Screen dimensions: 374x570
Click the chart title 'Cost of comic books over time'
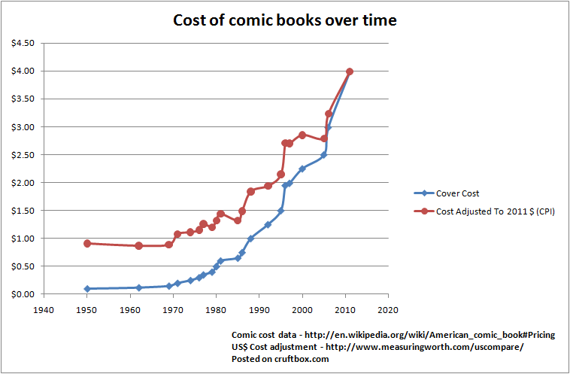[284, 20]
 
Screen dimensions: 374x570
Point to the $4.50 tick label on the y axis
[21, 43]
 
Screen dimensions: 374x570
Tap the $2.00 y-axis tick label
[21, 182]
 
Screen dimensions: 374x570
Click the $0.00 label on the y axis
[21, 294]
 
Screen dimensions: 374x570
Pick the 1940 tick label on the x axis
[44, 309]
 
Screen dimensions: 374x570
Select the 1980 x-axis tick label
[216, 309]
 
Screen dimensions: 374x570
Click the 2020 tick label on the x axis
[388, 309]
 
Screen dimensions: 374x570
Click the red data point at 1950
[87, 243]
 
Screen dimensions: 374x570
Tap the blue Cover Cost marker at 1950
[87, 288]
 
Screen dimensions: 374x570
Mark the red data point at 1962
[138, 246]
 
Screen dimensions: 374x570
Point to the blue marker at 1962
[138, 287]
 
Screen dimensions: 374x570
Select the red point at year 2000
[302, 135]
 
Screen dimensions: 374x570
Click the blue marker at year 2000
[302, 169]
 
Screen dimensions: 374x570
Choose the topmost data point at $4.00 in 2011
[350, 71]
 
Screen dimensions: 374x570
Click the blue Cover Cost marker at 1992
[268, 224]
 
